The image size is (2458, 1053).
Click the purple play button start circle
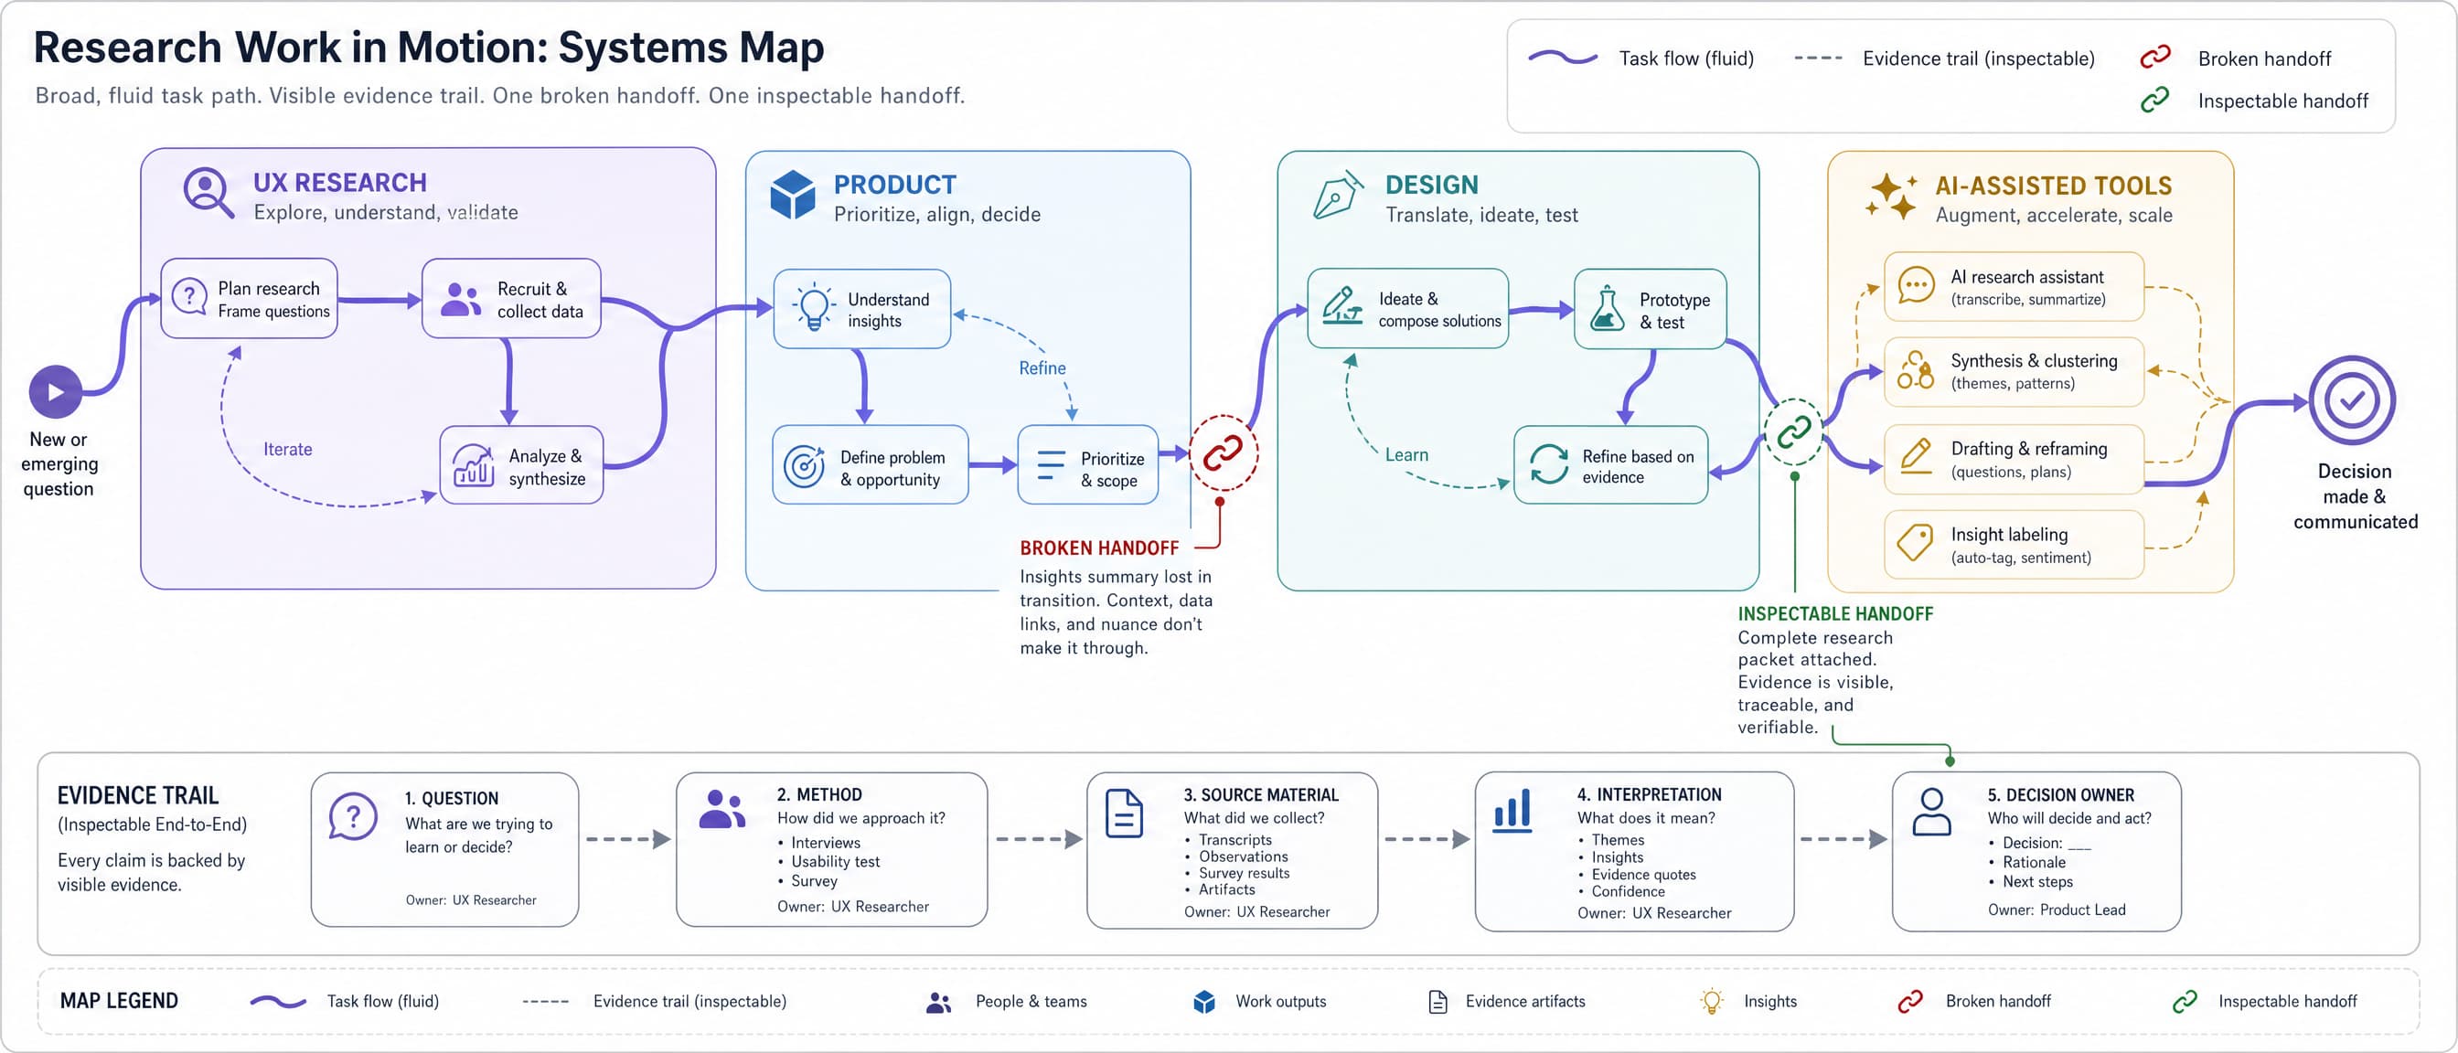tap(56, 392)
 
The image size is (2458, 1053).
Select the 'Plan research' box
tap(249, 299)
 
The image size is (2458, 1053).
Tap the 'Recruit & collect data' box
tap(511, 299)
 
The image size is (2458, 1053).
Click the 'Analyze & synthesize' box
tap(521, 465)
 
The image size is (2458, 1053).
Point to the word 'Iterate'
tap(287, 449)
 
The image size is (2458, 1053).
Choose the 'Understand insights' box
tap(861, 309)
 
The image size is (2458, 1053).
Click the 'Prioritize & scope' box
tap(1088, 465)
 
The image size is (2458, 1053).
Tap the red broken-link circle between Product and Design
tap(1223, 454)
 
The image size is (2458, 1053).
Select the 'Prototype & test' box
tap(1650, 309)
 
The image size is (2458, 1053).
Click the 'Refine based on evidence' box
tap(1610, 465)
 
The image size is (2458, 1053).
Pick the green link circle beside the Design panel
tap(1794, 432)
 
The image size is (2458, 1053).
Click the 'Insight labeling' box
tap(2014, 545)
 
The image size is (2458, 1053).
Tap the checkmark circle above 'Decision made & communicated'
tap(2352, 400)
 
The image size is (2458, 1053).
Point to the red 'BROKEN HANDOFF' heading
tap(1099, 548)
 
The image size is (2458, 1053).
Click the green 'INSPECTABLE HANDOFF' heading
tap(1835, 614)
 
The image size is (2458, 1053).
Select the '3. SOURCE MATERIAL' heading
tap(1260, 795)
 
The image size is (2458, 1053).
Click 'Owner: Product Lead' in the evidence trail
tap(2057, 909)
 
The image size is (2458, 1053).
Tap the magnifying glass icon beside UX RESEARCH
tap(208, 193)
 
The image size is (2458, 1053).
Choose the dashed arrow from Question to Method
tap(628, 839)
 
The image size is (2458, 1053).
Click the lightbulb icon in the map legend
tap(1712, 1002)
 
